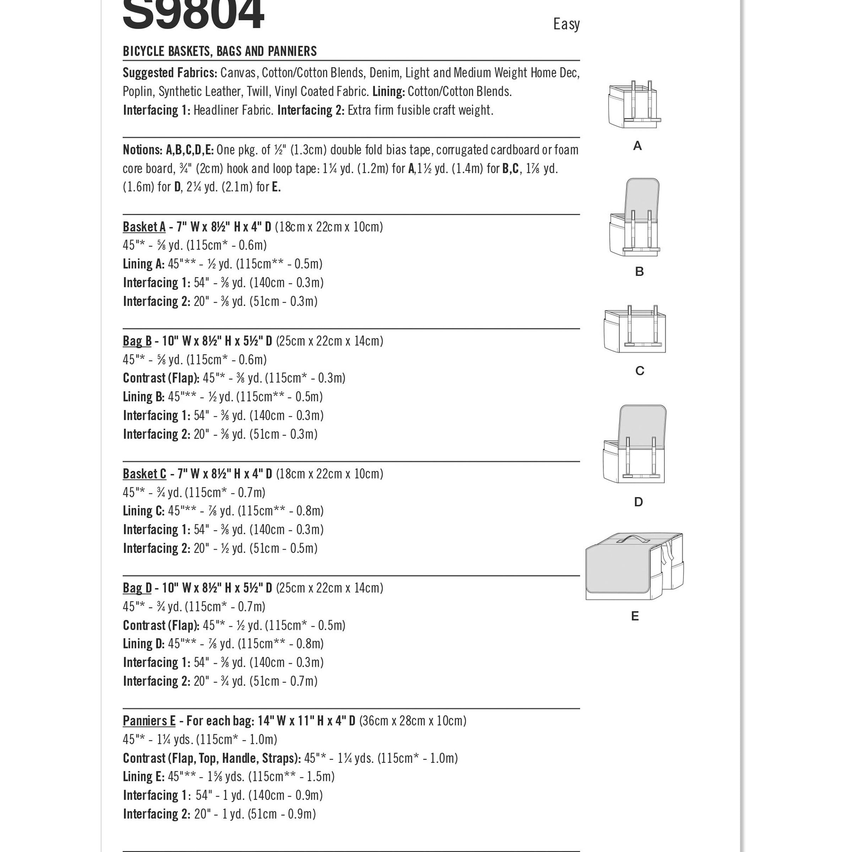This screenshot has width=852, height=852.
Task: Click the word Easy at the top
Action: point(566,24)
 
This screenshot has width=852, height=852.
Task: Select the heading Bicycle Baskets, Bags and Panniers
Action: point(220,51)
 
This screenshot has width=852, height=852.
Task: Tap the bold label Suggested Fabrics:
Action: point(170,73)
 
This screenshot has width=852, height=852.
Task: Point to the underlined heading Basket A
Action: point(144,227)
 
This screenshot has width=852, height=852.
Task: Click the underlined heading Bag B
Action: point(137,341)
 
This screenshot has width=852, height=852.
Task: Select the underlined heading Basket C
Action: point(144,474)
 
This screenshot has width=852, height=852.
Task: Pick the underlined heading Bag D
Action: point(137,588)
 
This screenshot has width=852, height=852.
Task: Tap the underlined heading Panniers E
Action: point(149,721)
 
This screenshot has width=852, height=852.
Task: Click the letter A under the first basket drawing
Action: point(637,146)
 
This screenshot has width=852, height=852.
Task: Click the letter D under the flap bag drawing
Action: point(638,502)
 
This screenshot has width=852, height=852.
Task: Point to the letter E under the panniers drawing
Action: point(635,616)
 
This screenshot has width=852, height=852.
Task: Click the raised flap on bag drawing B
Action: point(643,198)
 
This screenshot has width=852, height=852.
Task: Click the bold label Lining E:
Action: point(144,777)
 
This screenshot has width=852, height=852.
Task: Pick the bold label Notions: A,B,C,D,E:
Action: point(168,150)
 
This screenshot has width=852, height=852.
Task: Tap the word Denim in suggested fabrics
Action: point(385,73)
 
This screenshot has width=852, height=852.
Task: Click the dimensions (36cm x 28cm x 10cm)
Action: point(412,721)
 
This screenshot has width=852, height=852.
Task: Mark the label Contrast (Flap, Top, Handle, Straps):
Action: point(212,758)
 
